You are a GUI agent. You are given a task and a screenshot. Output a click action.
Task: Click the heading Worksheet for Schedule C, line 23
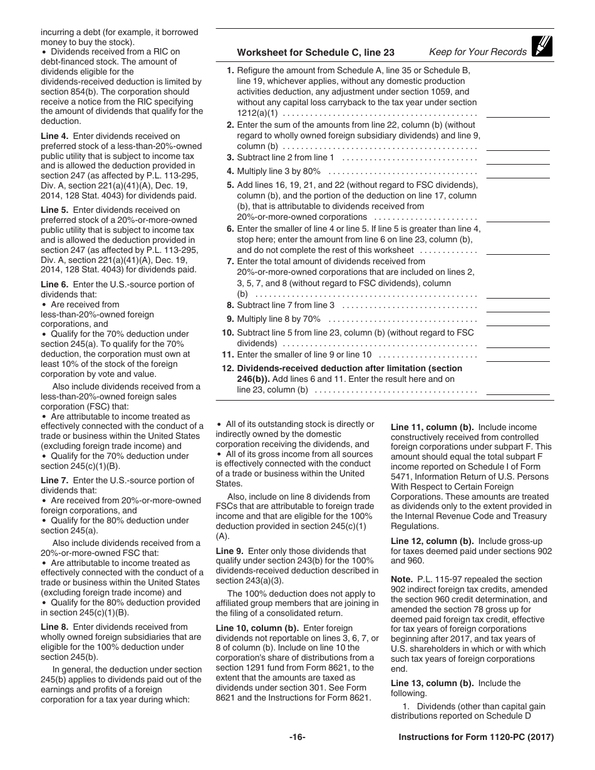(316, 53)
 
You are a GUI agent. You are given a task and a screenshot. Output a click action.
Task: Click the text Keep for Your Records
(478, 52)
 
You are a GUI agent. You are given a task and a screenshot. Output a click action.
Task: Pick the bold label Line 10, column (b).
(257, 628)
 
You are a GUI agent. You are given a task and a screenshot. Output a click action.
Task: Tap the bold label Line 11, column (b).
(432, 427)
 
